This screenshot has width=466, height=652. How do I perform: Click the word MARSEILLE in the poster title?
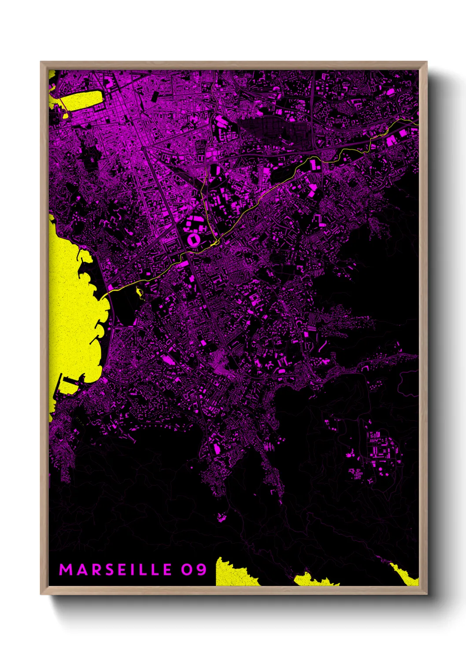click(115, 570)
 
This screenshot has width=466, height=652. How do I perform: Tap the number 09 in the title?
click(194, 570)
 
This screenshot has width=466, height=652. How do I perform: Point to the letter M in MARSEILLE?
click(66, 570)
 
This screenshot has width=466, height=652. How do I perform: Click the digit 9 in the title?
click(201, 570)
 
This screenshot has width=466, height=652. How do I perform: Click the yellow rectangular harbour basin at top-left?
click(81, 100)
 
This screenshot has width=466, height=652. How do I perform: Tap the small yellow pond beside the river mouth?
click(140, 291)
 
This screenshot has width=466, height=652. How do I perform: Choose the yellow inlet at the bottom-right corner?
click(407, 575)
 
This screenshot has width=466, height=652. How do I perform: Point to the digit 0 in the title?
click(187, 570)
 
